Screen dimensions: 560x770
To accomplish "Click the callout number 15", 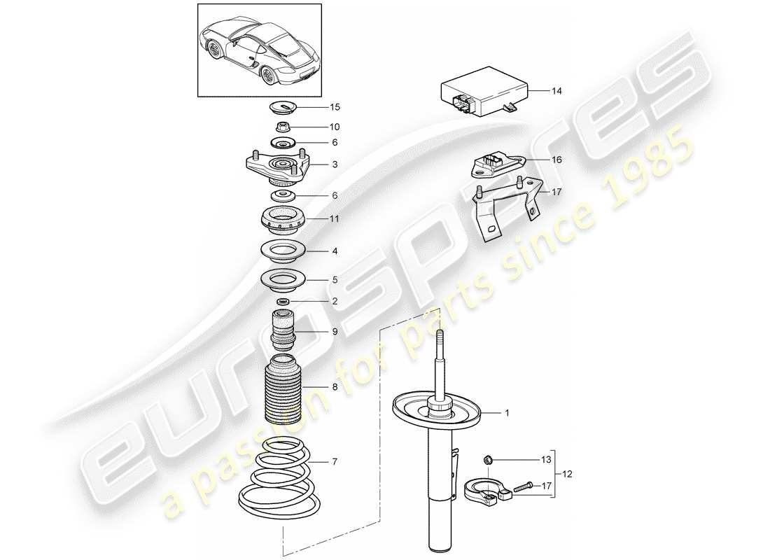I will click(x=335, y=107).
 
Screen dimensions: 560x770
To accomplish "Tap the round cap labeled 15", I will click(x=283, y=108).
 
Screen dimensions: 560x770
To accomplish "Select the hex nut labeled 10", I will click(x=283, y=128).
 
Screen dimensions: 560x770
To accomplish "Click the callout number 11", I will click(x=335, y=219).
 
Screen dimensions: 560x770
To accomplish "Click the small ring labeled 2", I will click(x=283, y=301).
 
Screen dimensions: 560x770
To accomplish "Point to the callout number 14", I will click(x=556, y=91).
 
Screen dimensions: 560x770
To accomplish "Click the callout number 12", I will click(x=567, y=474).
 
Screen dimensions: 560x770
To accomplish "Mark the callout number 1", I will click(x=507, y=413).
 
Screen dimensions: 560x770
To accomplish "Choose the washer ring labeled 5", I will click(x=283, y=280).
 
